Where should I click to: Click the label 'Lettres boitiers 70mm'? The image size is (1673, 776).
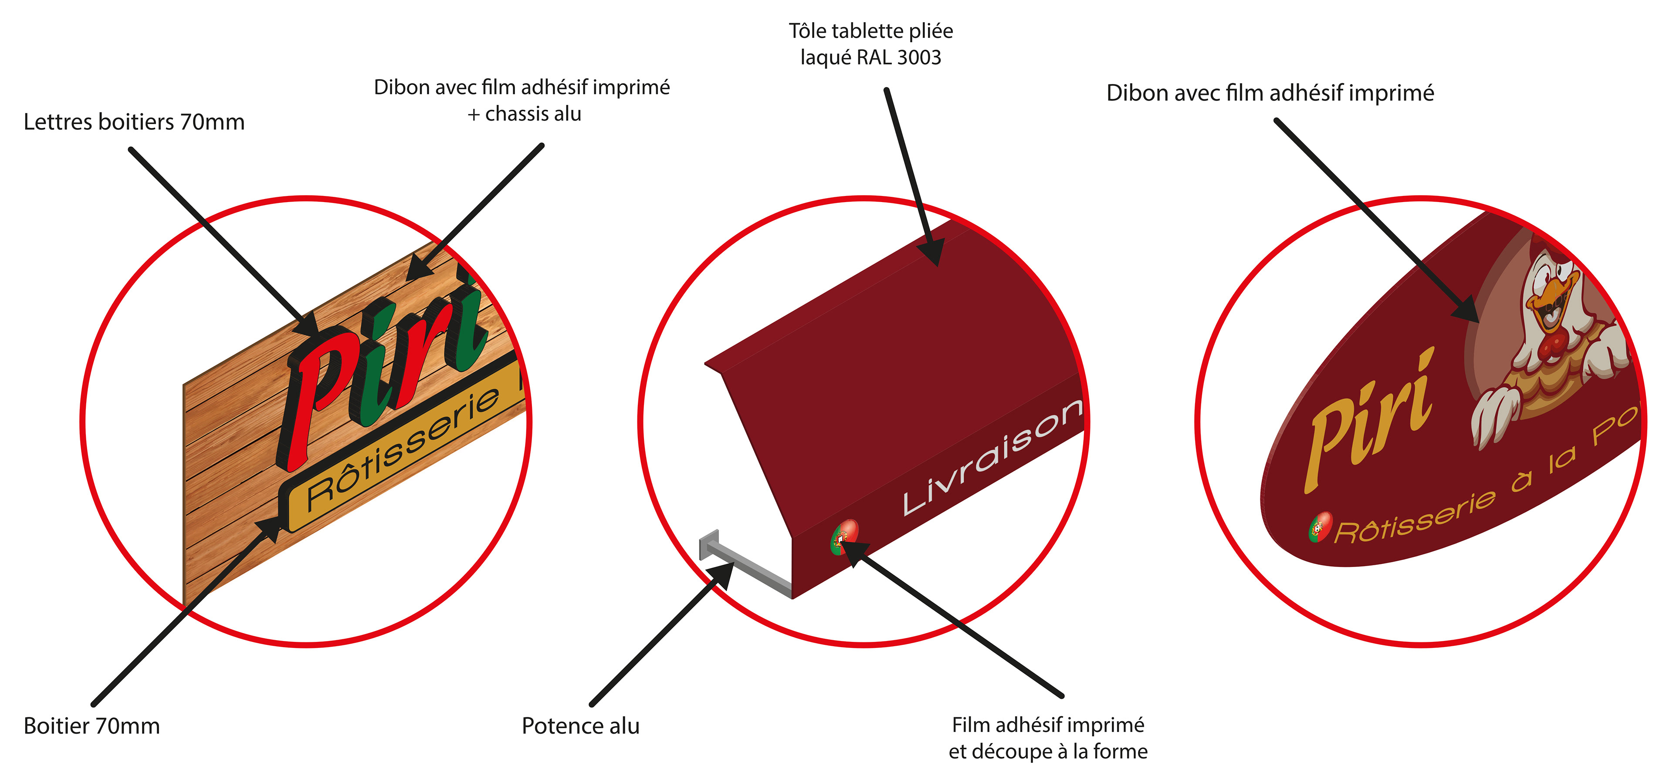[x=134, y=122]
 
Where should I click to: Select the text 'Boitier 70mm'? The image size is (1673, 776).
[x=91, y=726]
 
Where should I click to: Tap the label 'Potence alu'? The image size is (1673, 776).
[x=580, y=726]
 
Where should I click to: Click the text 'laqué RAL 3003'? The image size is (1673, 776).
[x=870, y=58]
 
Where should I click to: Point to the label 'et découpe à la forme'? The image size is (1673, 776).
[x=1047, y=751]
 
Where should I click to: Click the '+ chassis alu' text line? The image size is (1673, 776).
[x=524, y=114]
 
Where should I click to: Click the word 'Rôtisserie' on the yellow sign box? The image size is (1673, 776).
[x=403, y=448]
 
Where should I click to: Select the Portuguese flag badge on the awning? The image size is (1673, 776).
[x=844, y=536]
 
